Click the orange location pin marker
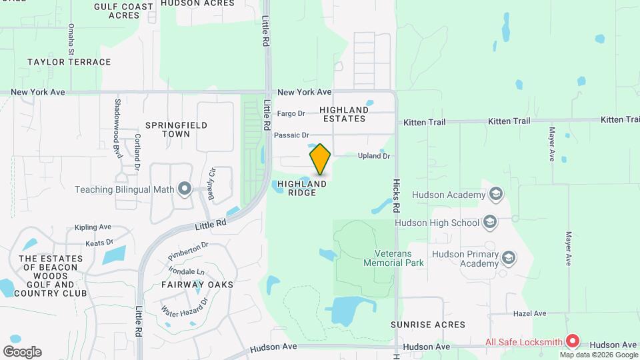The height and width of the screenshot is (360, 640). tap(321, 159)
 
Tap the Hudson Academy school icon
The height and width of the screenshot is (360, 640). tap(495, 194)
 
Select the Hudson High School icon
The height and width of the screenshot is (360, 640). tap(490, 221)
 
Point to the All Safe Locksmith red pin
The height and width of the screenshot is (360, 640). tap(572, 341)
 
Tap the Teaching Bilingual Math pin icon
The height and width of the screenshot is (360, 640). tap(185, 189)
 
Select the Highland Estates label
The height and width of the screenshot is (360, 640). tap(343, 114)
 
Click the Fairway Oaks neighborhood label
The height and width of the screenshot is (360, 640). tap(197, 285)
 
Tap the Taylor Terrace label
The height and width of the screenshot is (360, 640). tap(69, 62)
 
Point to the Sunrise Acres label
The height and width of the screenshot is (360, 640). tap(428, 325)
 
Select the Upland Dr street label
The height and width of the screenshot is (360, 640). tap(373, 156)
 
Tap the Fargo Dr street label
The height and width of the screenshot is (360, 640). tap(291, 113)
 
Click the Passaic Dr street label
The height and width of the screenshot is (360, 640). tap(291, 135)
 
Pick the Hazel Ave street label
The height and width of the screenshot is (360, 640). tap(529, 313)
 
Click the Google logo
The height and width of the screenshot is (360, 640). tap(22, 352)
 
